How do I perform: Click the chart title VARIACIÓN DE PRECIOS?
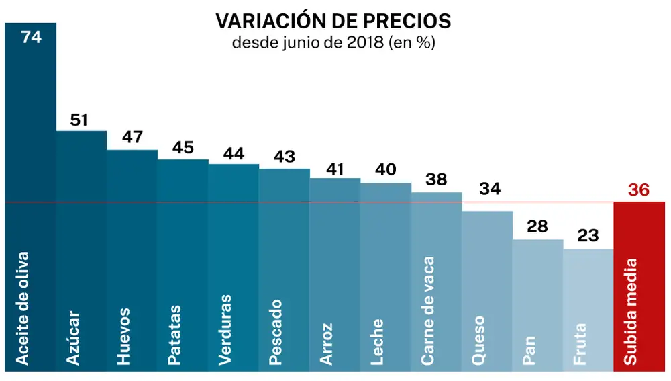click(x=333, y=21)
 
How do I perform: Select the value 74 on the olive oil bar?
click(x=32, y=37)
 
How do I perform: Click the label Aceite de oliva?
click(x=23, y=308)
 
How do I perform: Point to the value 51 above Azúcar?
click(x=80, y=120)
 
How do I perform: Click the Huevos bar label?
click(x=123, y=336)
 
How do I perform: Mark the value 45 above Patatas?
click(x=183, y=147)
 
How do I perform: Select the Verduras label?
click(x=225, y=330)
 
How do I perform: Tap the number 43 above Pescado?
click(x=285, y=157)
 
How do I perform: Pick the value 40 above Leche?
click(x=386, y=170)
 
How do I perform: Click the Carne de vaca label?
click(x=428, y=311)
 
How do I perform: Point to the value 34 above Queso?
click(x=490, y=189)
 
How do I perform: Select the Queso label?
click(x=478, y=340)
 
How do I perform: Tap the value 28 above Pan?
click(x=537, y=226)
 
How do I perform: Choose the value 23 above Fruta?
click(x=588, y=236)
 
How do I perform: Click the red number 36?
click(x=639, y=190)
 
